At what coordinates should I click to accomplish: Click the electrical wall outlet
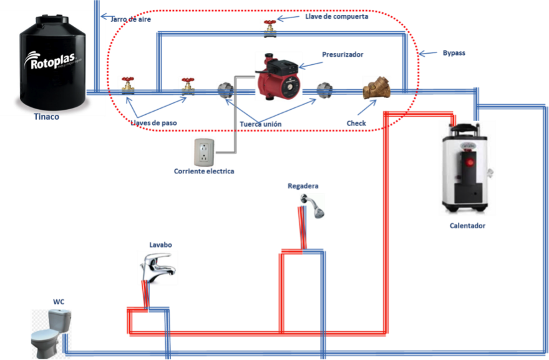click(204, 152)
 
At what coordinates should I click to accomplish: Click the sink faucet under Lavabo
click(156, 267)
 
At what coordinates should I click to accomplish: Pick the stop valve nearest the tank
click(127, 85)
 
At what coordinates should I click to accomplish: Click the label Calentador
click(467, 226)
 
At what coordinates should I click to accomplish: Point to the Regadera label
click(303, 186)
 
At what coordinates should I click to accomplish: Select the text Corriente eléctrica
click(204, 171)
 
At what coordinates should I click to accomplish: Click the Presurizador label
click(343, 55)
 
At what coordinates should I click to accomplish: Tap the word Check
click(356, 124)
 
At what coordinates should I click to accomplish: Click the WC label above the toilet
click(59, 302)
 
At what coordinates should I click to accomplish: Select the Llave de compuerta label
click(338, 17)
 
